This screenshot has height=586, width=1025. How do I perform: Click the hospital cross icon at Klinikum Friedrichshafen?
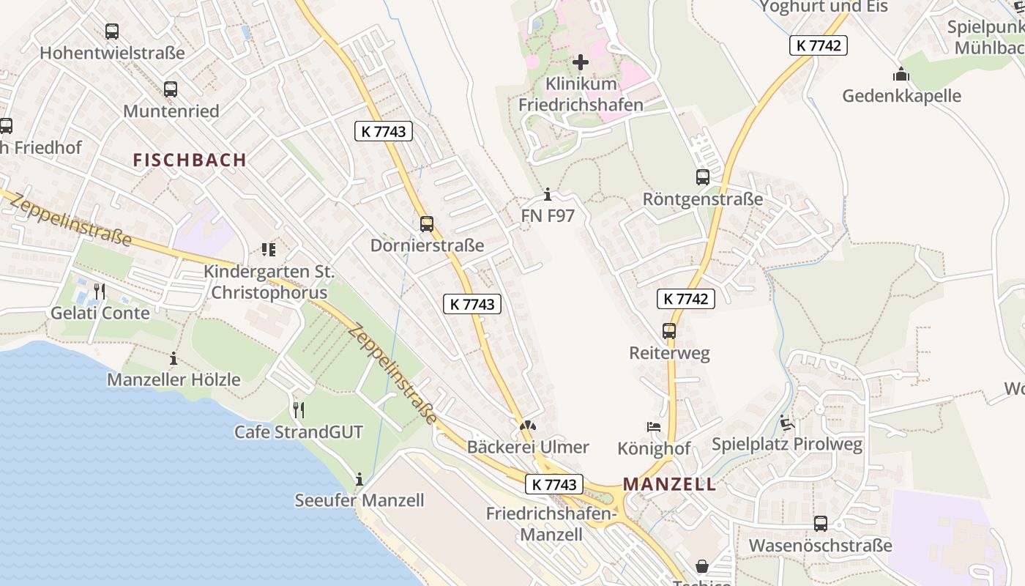click(x=581, y=62)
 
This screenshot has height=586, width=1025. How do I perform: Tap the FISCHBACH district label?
click(x=190, y=160)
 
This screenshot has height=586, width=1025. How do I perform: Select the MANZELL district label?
click(x=669, y=484)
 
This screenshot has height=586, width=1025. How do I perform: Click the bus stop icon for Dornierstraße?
click(x=427, y=224)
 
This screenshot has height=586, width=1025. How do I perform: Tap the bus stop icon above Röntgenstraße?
click(x=702, y=177)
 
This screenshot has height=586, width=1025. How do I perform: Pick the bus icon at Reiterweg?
click(x=669, y=331)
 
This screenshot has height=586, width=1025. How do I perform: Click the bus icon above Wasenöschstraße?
click(x=820, y=524)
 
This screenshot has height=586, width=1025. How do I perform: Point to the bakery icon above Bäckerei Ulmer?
click(x=527, y=426)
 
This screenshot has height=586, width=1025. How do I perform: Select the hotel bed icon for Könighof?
click(x=654, y=427)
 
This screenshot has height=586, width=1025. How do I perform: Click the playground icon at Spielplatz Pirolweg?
click(x=787, y=423)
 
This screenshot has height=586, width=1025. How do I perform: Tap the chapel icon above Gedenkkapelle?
click(x=901, y=75)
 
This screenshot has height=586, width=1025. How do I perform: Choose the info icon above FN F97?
click(x=548, y=195)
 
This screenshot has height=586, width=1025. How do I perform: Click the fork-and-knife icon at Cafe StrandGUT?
click(x=298, y=410)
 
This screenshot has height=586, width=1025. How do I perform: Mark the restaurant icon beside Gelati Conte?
click(x=100, y=292)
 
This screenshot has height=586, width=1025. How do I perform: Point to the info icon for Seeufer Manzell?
click(x=359, y=480)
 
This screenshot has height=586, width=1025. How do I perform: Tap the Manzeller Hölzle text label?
click(x=174, y=379)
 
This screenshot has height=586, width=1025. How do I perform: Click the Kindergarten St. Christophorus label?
click(x=269, y=282)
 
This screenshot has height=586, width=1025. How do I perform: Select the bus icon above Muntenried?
click(x=171, y=89)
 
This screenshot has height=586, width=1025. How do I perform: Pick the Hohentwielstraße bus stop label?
click(x=112, y=53)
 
